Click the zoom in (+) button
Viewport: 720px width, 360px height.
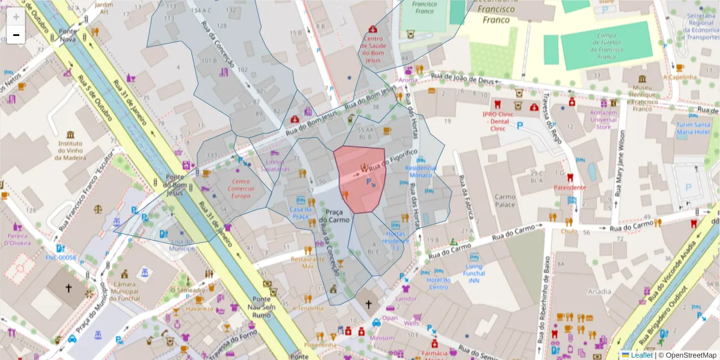[16, 17]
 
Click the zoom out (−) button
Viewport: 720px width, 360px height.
[16, 35]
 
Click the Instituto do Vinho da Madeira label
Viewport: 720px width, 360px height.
[70, 151]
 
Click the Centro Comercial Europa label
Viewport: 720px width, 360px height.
[241, 188]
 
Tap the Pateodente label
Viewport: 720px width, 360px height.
[569, 187]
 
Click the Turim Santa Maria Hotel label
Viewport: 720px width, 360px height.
[693, 128]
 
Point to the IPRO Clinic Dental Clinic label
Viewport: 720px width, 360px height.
[498, 121]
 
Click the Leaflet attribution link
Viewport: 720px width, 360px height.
[641, 355]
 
